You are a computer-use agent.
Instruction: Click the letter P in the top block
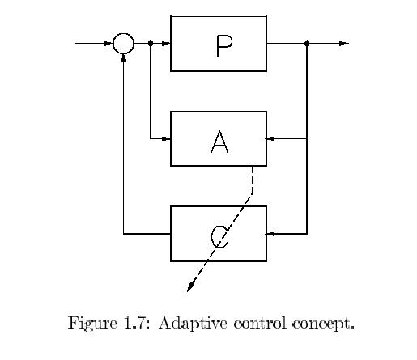coord(223,46)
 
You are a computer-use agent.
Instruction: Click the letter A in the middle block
coord(219,142)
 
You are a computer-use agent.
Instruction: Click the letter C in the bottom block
coord(219,237)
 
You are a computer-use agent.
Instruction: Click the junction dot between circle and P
coord(151,43)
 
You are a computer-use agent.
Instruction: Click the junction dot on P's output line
coord(307,43)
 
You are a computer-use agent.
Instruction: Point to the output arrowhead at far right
coord(344,44)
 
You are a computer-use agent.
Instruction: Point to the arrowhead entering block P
coord(166,44)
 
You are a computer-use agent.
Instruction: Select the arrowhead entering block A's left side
coord(166,139)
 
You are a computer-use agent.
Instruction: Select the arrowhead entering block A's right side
coord(270,139)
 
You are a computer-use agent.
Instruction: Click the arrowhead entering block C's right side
coord(270,234)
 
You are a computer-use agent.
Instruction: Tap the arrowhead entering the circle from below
coord(123,57)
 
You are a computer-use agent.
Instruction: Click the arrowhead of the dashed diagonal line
coord(190,287)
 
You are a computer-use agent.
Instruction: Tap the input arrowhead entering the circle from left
coord(109,44)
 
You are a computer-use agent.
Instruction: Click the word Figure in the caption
coord(92,324)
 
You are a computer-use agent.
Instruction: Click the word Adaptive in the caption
coord(193,324)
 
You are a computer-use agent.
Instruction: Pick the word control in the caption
coord(260,323)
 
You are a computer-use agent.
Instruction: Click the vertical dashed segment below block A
coord(253,180)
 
